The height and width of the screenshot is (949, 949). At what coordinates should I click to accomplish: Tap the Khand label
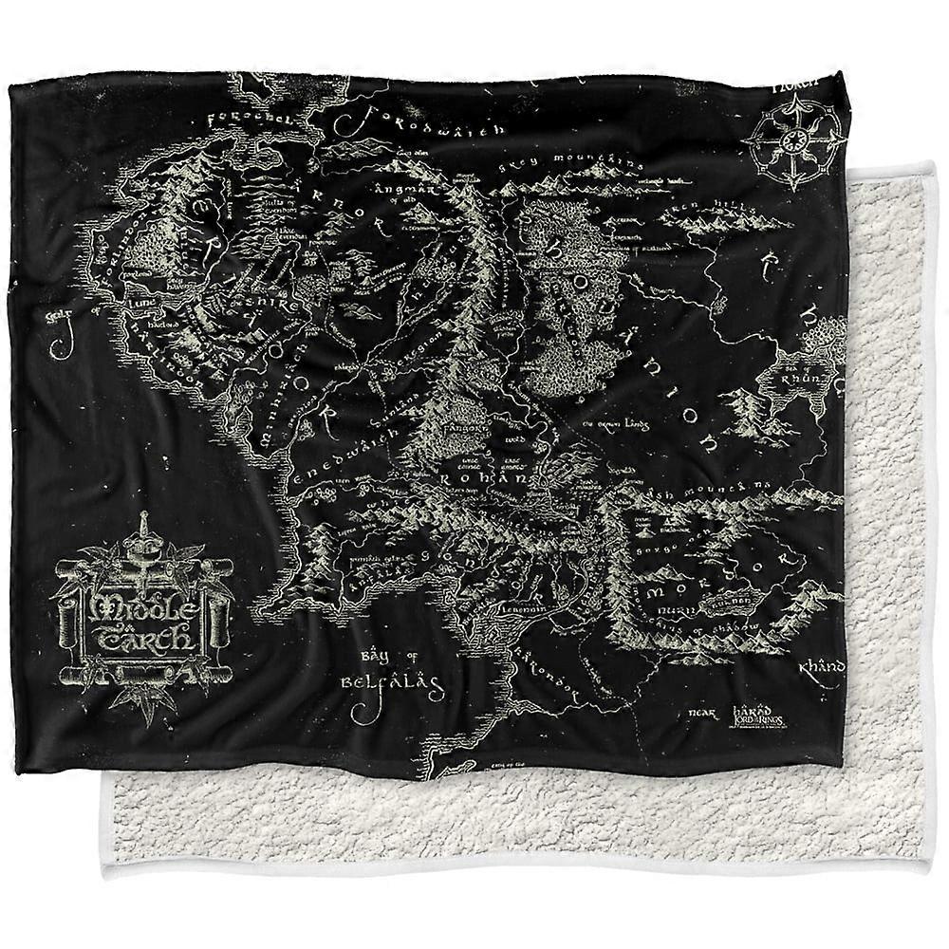[x=820, y=668]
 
